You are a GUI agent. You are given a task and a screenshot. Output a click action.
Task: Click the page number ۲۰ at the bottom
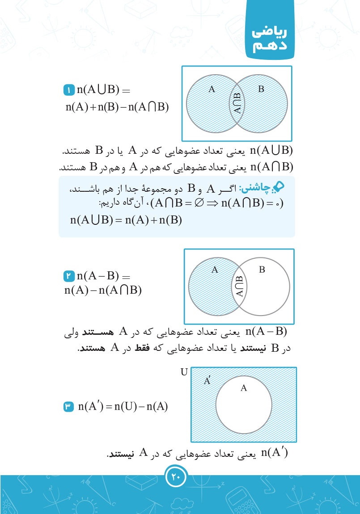click(x=175, y=477)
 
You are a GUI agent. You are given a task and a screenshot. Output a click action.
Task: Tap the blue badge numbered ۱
click(x=69, y=90)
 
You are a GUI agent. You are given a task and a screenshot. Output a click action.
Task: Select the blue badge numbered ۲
click(x=69, y=278)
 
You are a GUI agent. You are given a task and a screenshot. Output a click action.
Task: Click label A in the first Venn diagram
click(x=212, y=89)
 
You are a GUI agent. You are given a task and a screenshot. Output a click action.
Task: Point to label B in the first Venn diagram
click(x=261, y=89)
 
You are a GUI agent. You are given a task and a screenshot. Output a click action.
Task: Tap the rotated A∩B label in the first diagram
click(x=237, y=103)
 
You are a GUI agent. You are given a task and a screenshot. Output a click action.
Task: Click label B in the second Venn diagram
click(x=262, y=270)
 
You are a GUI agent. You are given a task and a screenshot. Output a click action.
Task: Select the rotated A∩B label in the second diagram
click(x=240, y=286)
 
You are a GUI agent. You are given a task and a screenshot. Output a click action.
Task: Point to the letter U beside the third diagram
click(x=184, y=372)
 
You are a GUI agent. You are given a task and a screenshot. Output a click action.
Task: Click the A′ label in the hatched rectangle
click(x=208, y=381)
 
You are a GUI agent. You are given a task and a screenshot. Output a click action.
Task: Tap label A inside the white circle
click(x=244, y=388)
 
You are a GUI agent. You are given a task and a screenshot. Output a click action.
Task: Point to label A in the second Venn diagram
click(x=215, y=270)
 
